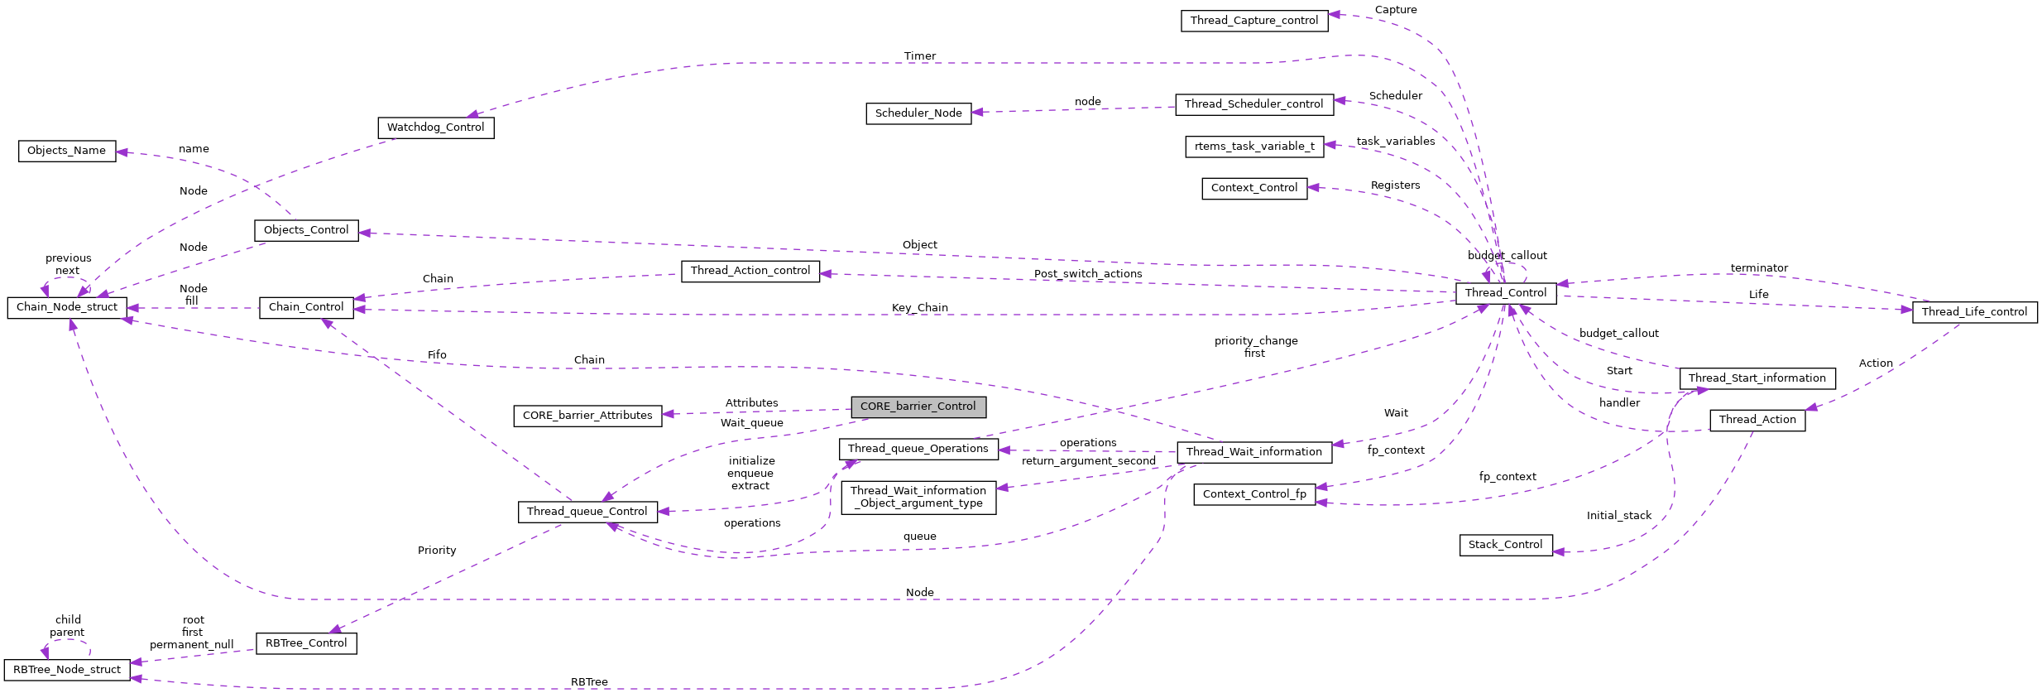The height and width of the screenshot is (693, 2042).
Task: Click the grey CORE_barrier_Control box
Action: click(x=918, y=407)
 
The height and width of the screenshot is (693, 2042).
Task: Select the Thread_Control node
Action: click(x=1506, y=293)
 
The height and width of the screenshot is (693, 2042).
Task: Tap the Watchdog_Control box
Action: click(x=435, y=128)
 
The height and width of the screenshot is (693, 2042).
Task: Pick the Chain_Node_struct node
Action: click(x=67, y=307)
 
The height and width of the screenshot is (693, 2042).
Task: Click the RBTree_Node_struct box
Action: click(x=67, y=670)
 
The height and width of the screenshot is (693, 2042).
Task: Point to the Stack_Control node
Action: click(x=1505, y=545)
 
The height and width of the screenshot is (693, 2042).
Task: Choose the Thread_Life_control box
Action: click(x=1974, y=312)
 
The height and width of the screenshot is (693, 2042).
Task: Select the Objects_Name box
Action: click(x=66, y=151)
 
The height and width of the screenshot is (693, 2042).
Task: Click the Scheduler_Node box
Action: click(x=918, y=113)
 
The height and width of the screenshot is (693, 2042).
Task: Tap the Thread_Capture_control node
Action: click(x=1254, y=21)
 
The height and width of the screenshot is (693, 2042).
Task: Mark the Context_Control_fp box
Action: click(x=1254, y=494)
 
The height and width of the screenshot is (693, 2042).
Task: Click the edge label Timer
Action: click(x=920, y=56)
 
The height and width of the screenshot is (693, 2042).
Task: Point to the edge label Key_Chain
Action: click(x=920, y=308)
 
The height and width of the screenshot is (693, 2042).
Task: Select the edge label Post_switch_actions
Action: click(x=1088, y=274)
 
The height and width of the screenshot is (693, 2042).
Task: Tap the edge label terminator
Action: click(x=1759, y=268)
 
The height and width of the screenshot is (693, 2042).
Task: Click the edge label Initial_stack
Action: click(x=1619, y=516)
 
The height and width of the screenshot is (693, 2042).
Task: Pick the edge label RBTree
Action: click(x=589, y=682)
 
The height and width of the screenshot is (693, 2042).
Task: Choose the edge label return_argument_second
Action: click(x=1089, y=461)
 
